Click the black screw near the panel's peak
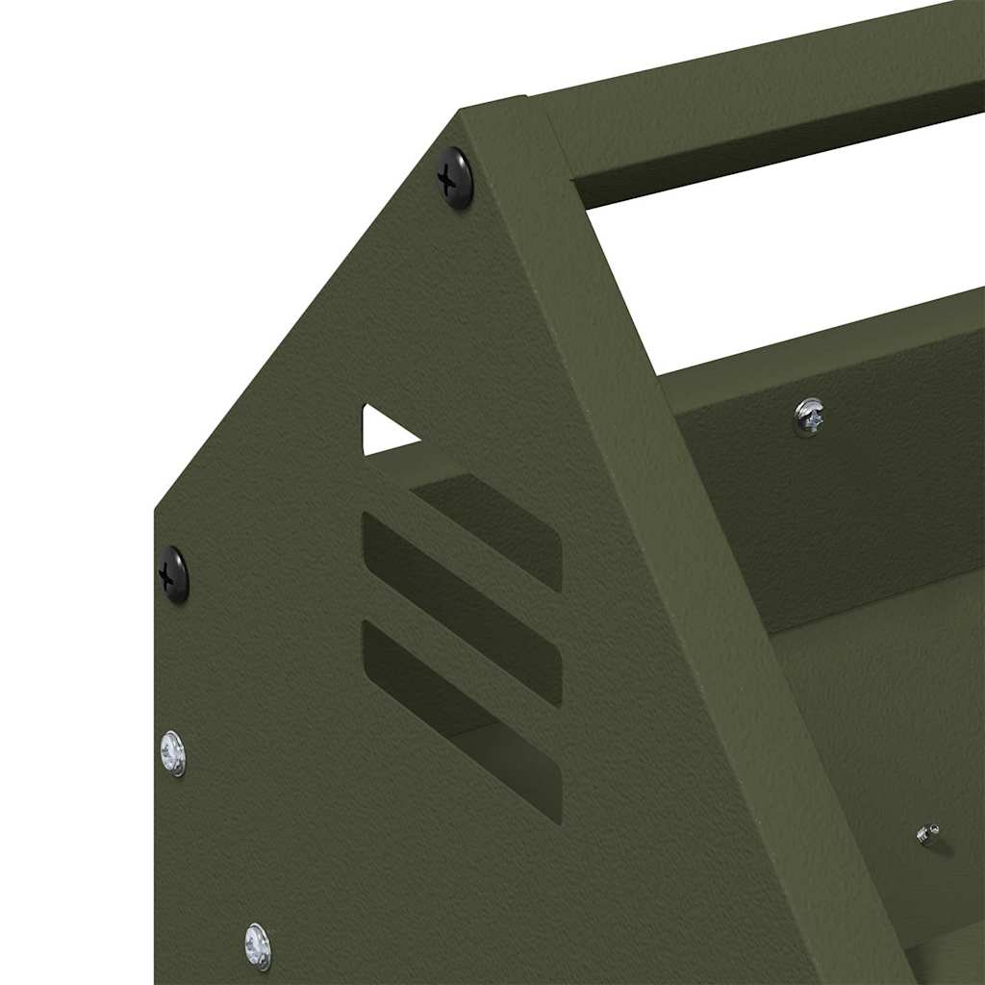click(456, 177)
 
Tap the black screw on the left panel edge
click(174, 574)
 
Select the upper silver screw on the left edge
click(173, 753)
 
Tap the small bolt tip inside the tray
click(928, 834)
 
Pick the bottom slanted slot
click(462, 717)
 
